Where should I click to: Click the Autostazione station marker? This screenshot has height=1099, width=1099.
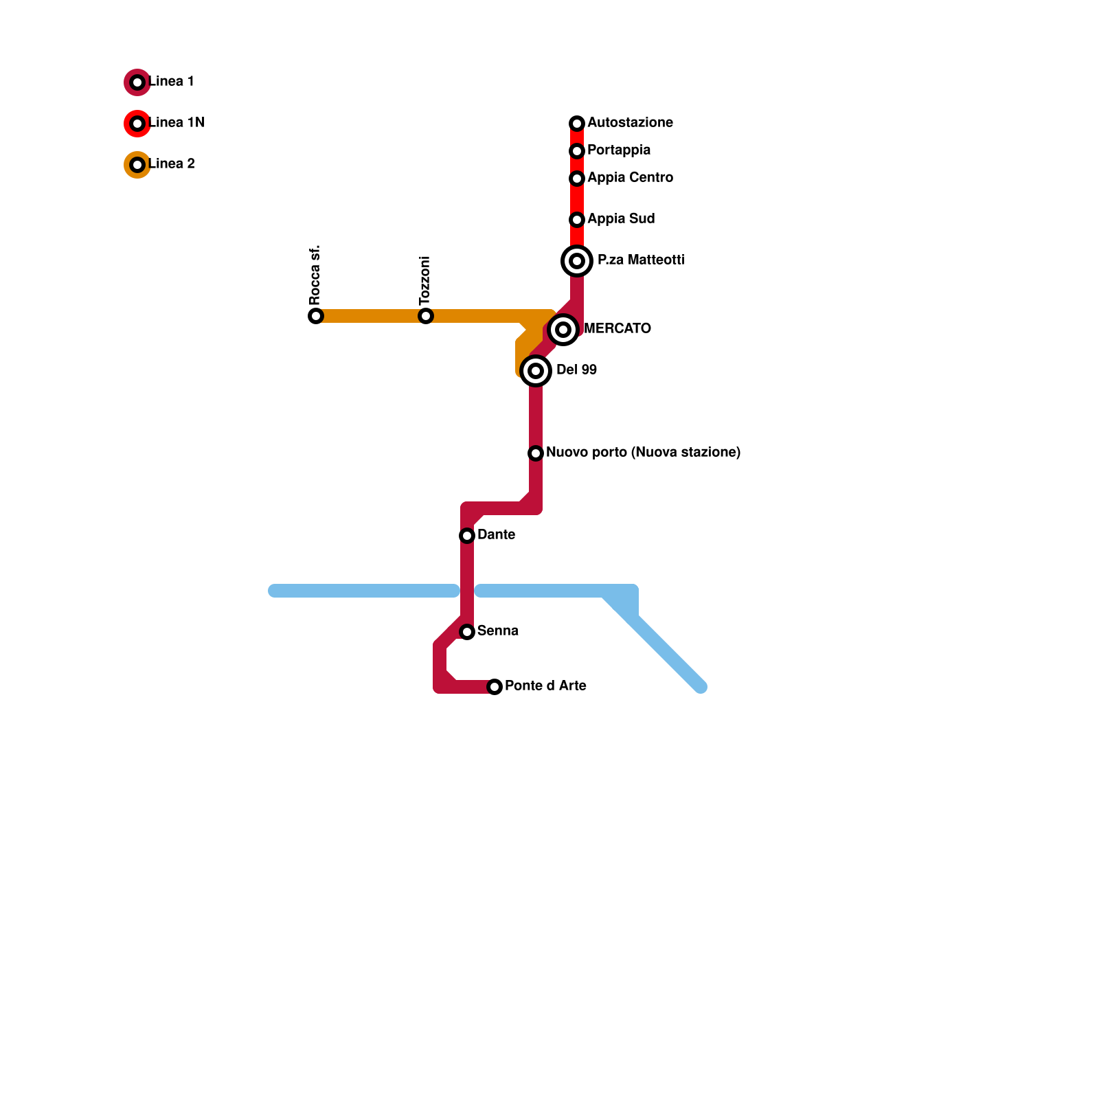(577, 124)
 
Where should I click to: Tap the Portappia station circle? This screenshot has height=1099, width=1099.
(577, 151)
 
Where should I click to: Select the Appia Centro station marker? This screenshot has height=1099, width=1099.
(577, 179)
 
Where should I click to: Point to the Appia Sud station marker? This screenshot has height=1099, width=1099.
(577, 220)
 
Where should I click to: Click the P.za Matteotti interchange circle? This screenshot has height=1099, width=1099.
(577, 261)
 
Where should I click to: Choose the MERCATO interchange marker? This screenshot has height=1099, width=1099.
(563, 330)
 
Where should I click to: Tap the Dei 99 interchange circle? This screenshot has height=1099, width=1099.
(536, 371)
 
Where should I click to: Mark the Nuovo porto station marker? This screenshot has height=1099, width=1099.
(536, 453)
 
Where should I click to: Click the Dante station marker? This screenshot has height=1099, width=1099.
(467, 536)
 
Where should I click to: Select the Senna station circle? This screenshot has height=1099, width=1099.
(467, 632)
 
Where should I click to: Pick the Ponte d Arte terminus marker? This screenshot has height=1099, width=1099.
(495, 687)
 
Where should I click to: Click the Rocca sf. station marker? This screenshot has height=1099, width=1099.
(316, 316)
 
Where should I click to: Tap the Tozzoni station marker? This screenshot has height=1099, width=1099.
(426, 316)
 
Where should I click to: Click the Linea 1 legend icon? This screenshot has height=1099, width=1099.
(137, 82)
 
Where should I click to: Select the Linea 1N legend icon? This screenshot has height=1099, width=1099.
(137, 124)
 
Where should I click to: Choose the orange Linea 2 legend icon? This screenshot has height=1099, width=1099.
(137, 165)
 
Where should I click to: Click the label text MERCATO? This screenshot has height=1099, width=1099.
(617, 329)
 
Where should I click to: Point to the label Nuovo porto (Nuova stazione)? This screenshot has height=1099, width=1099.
(643, 453)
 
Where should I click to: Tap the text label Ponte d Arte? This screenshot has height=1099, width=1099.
(545, 686)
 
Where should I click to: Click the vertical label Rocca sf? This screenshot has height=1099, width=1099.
(315, 275)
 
